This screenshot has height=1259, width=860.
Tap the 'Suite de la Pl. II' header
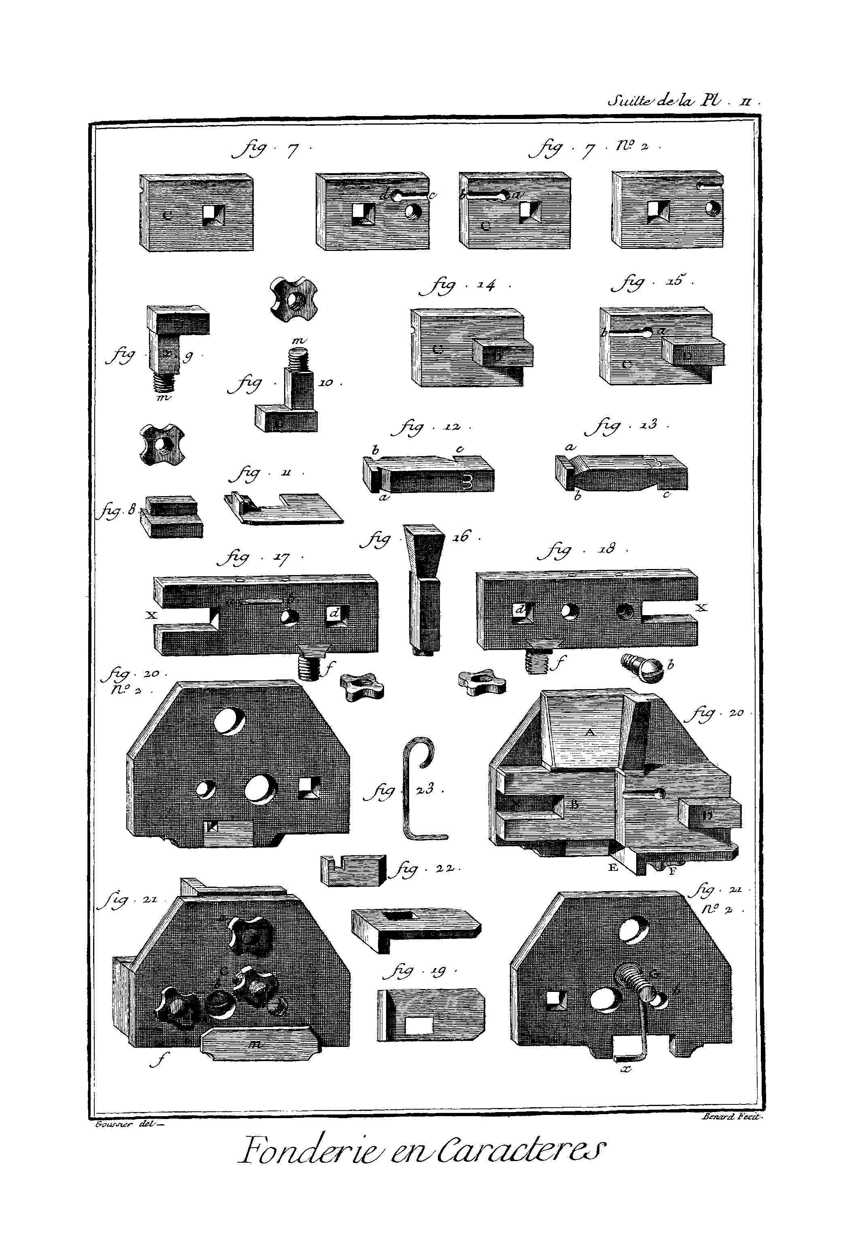pos(684,101)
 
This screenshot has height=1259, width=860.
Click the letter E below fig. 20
pos(613,867)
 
